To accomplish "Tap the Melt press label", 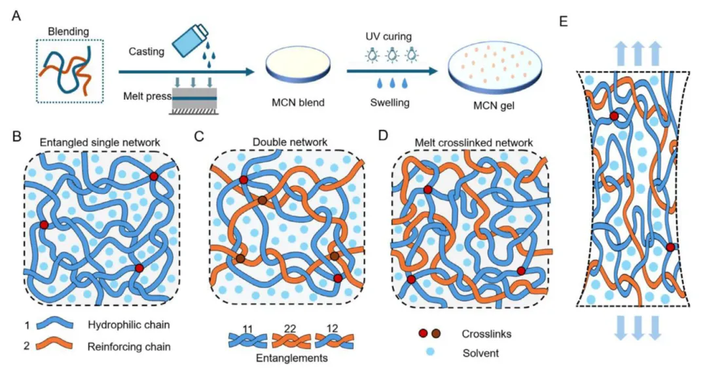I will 145,96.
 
